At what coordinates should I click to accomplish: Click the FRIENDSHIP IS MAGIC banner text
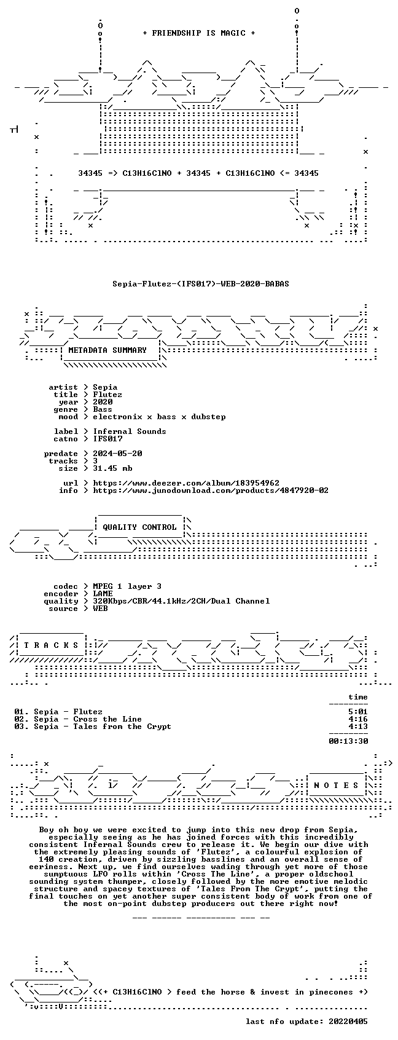pyautogui.click(x=198, y=33)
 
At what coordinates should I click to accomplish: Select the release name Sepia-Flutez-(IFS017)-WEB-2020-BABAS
pyautogui.click(x=201, y=284)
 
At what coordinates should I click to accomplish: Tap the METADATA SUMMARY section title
pyautogui.click(x=107, y=350)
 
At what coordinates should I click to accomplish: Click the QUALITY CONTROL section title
pyautogui.click(x=139, y=527)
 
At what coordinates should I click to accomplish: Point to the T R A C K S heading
pyautogui.click(x=51, y=645)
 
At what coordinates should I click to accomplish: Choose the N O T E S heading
pyautogui.click(x=337, y=785)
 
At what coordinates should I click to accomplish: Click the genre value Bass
pyautogui.click(x=103, y=409)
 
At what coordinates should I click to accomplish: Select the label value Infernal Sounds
pyautogui.click(x=130, y=431)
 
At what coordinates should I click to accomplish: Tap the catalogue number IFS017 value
pyautogui.click(x=107, y=439)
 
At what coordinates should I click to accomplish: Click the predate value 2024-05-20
pyautogui.click(x=117, y=453)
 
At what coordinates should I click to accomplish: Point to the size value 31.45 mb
pyautogui.click(x=113, y=468)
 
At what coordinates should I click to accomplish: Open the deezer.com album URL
pyautogui.click(x=186, y=483)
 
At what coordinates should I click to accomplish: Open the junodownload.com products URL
pyautogui.click(x=211, y=490)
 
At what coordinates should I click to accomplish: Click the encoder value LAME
pyautogui.click(x=103, y=593)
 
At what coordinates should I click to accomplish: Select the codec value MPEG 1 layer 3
pyautogui.click(x=127, y=586)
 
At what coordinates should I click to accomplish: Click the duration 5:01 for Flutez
pyautogui.click(x=357, y=711)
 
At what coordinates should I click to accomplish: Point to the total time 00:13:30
pyautogui.click(x=348, y=741)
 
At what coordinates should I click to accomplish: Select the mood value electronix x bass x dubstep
pyautogui.click(x=159, y=417)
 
